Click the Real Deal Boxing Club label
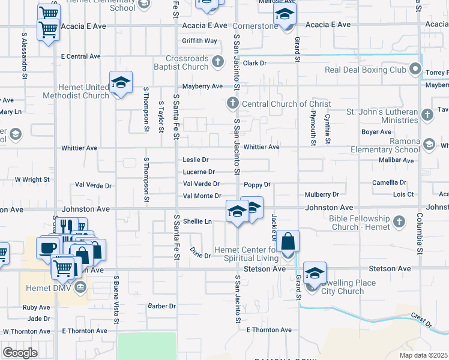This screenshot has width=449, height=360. (366, 70)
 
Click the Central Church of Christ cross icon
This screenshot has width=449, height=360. (232, 104)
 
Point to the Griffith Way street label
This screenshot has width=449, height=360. (200, 41)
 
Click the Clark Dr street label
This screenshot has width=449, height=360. (255, 63)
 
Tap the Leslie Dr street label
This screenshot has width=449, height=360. (196, 160)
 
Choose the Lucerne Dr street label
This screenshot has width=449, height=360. (198, 172)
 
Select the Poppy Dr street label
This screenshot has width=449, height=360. (258, 185)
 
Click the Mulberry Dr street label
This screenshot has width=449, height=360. (322, 194)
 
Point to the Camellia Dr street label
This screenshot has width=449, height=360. (389, 182)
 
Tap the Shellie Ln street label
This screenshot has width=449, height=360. (197, 221)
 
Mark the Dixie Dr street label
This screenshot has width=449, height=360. (200, 252)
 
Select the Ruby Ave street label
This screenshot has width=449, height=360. (37, 307)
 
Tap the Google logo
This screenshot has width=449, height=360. (20, 353)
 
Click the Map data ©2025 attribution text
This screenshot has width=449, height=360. (424, 355)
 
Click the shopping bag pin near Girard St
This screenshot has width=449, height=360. (288, 242)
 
